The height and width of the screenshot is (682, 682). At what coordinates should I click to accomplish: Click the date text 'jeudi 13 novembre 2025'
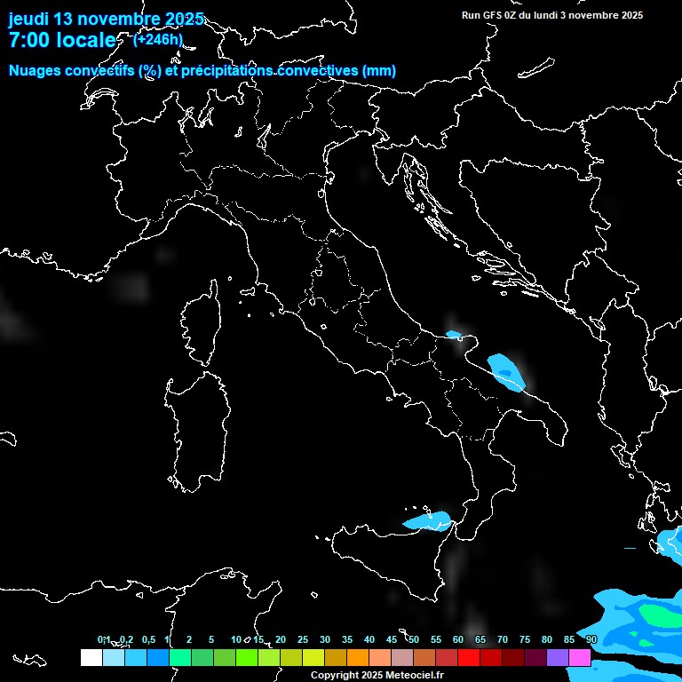[x=106, y=19]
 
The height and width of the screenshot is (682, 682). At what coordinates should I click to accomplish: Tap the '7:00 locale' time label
[x=62, y=40]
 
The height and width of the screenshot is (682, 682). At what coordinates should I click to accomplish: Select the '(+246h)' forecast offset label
[x=158, y=39]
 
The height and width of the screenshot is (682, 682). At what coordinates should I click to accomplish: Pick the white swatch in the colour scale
[x=91, y=658]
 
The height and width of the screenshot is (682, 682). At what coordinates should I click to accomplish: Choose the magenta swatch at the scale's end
[x=580, y=658]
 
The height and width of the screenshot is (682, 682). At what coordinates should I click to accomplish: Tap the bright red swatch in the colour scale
[x=469, y=658]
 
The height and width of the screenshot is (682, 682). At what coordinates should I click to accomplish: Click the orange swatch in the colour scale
[x=358, y=658]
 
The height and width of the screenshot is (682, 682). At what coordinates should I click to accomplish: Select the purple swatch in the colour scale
[x=558, y=658]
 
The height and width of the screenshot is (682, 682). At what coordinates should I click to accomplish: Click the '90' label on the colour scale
[x=591, y=639]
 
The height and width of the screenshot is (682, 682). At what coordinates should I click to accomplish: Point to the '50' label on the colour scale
[x=414, y=639]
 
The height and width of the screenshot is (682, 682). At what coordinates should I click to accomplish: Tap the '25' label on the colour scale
[x=303, y=639]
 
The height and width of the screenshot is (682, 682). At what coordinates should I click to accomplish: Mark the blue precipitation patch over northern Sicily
[x=428, y=521]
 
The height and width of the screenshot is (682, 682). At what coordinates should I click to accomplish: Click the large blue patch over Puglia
[x=506, y=369]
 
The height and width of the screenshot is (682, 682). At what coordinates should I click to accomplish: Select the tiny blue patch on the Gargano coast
[x=455, y=335]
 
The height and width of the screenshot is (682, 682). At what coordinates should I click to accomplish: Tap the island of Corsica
[x=202, y=324]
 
